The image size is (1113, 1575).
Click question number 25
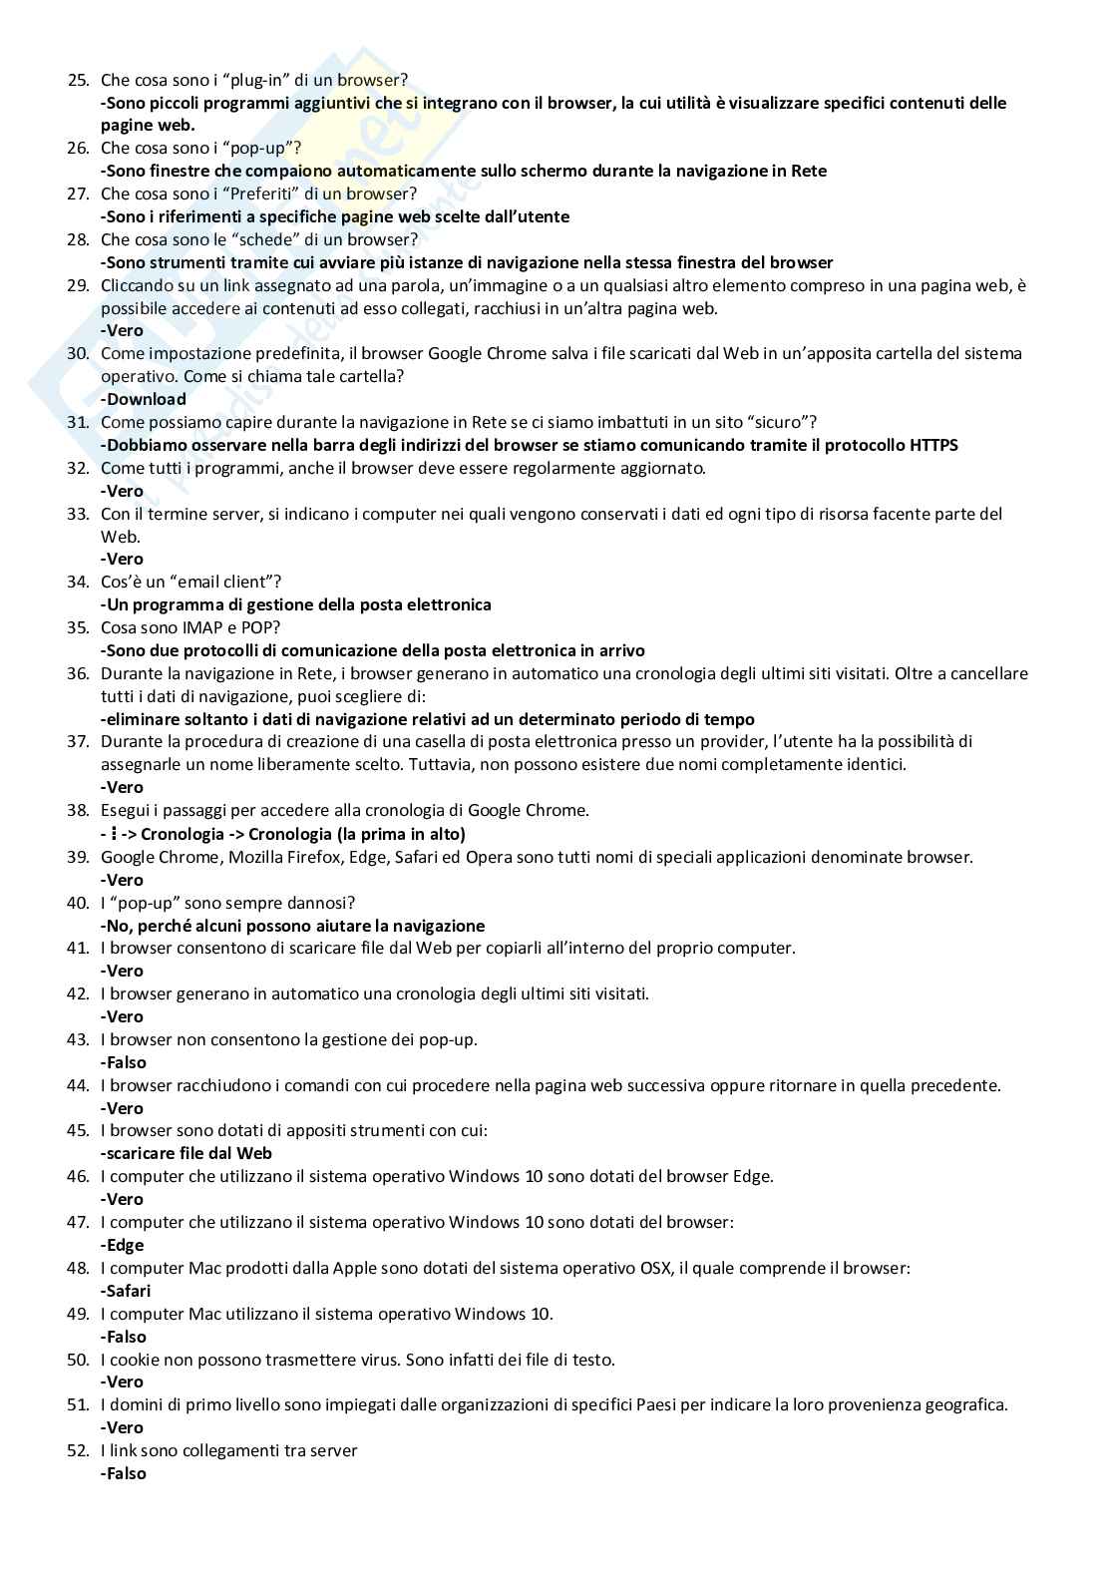pyautogui.click(x=78, y=80)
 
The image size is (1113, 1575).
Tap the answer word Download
pyautogui.click(x=146, y=399)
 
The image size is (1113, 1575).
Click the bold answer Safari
pyautogui.click(x=128, y=1291)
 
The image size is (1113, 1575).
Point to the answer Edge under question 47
pyautogui.click(x=125, y=1245)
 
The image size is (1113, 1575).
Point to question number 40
pyautogui.click(x=78, y=903)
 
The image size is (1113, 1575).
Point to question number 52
pyautogui.click(x=78, y=1450)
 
